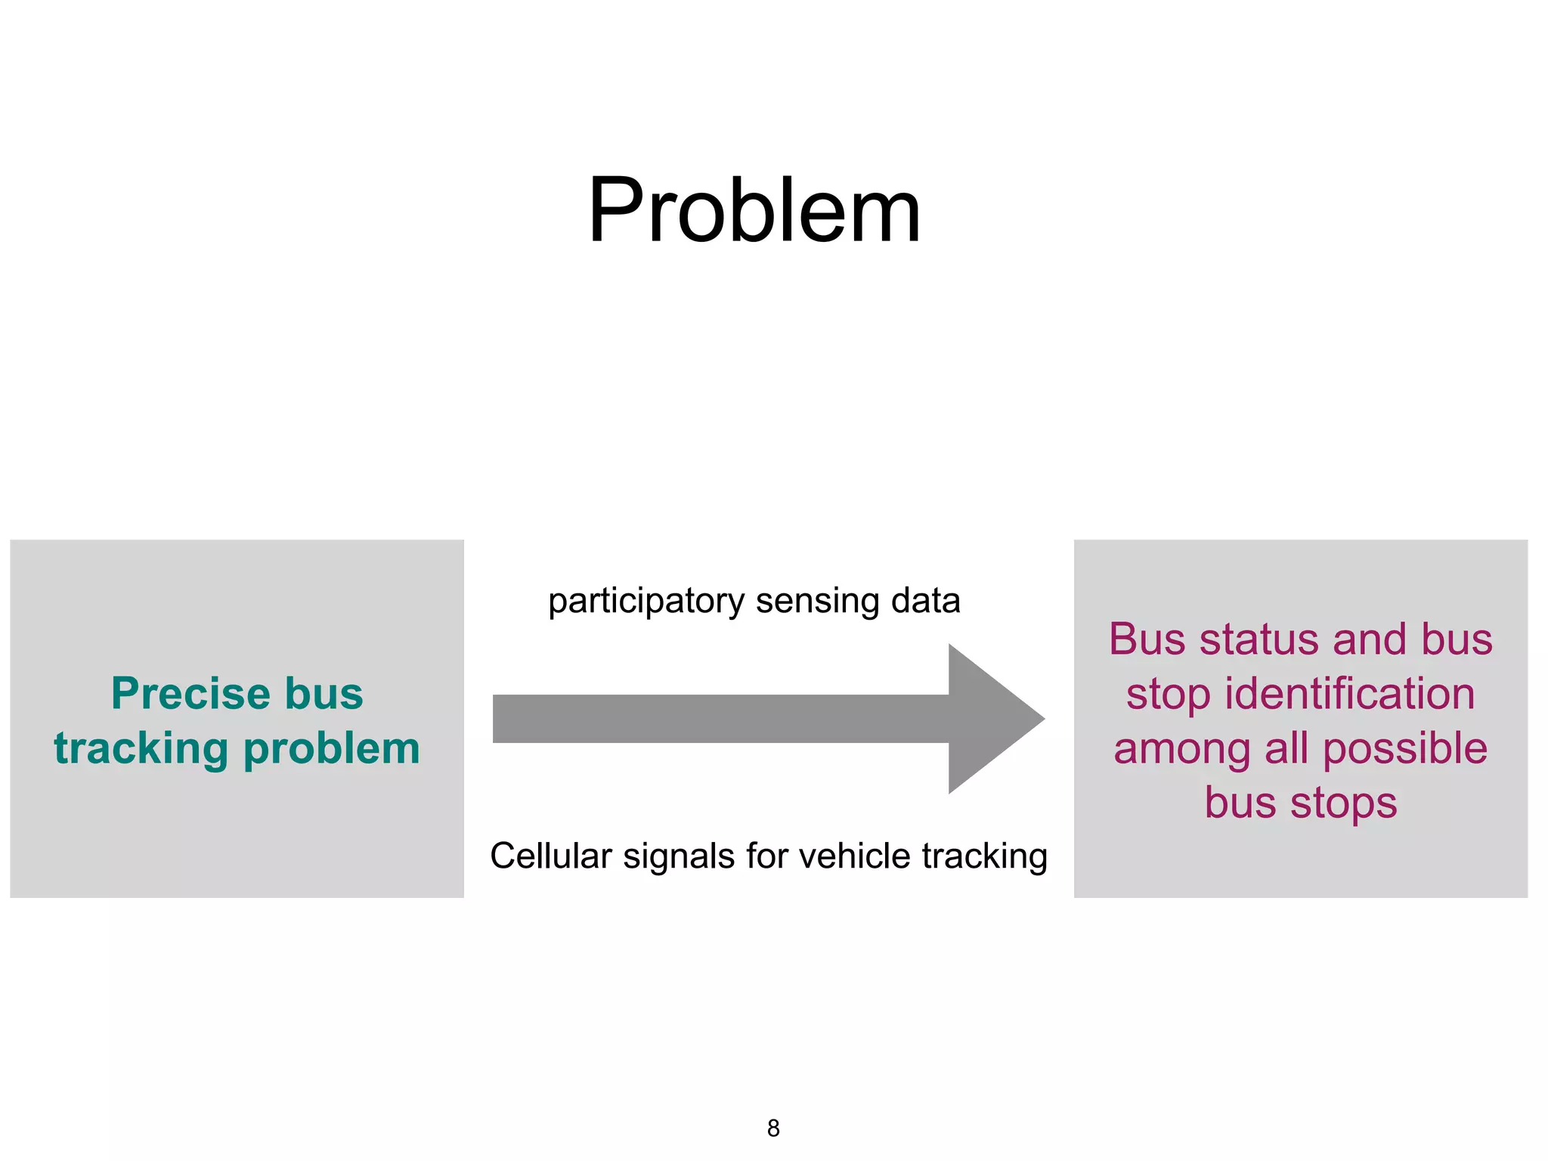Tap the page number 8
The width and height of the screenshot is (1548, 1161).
tap(773, 1128)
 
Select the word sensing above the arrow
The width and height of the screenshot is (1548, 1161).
tap(818, 602)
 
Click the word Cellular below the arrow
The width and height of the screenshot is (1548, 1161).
tap(551, 856)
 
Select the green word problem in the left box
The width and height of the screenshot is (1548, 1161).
tap(332, 749)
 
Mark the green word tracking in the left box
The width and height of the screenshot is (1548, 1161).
tap(141, 749)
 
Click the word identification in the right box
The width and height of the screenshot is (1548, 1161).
tap(1349, 694)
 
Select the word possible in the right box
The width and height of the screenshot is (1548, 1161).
tap(1405, 749)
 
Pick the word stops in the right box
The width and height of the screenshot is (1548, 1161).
tap(1343, 803)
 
